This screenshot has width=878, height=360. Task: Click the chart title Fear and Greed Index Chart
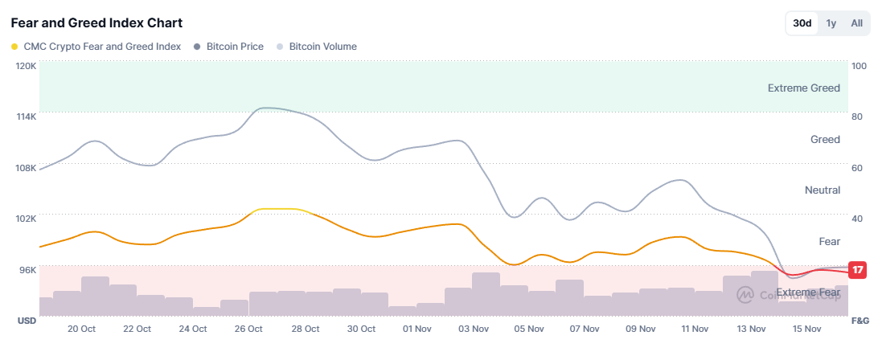(96, 22)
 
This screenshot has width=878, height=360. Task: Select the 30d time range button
(802, 23)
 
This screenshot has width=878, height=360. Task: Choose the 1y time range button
(831, 23)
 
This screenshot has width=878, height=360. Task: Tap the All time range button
(857, 23)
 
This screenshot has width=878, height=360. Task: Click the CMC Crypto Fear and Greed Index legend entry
(96, 47)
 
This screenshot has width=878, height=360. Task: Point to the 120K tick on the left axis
(27, 66)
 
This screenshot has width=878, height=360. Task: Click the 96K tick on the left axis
(28, 270)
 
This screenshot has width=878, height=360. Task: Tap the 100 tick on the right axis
(858, 66)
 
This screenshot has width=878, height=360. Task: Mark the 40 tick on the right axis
(857, 219)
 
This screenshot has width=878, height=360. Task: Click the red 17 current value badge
(858, 270)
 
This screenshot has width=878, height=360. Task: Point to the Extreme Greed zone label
(803, 88)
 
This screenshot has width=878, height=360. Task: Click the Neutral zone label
(822, 190)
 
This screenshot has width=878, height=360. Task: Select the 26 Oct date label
(249, 329)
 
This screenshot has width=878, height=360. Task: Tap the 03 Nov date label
(474, 329)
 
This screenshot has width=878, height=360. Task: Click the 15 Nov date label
(806, 329)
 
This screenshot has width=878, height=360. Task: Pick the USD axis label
(27, 321)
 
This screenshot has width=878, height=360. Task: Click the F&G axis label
(860, 321)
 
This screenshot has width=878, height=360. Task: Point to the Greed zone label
(825, 140)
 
